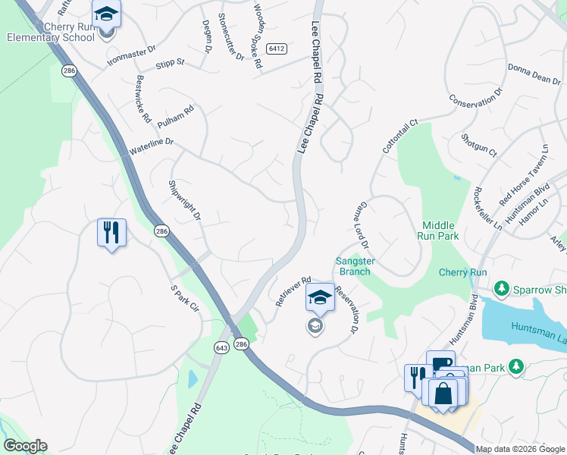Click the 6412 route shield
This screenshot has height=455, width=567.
[277, 49]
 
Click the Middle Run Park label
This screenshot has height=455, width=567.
[440, 231]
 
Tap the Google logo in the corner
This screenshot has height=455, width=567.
[25, 446]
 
